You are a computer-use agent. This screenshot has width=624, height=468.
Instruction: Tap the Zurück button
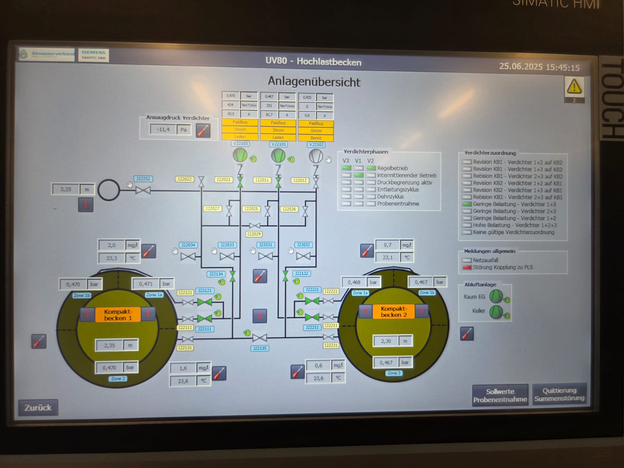(38, 408)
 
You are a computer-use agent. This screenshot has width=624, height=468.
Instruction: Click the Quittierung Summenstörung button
(559, 394)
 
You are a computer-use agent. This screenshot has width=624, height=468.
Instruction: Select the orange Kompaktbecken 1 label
(118, 315)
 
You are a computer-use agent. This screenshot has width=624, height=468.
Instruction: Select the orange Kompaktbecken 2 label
(394, 312)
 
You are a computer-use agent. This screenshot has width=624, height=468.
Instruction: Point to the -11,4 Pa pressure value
(163, 129)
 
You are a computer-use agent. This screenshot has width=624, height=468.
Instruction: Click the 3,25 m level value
(66, 190)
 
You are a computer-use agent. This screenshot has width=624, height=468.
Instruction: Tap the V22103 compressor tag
(240, 144)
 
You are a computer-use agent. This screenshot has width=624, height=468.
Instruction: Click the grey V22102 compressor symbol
(316, 156)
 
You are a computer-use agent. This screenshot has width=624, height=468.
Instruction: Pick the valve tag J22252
(143, 179)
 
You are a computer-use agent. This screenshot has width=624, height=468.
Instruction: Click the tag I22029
(254, 234)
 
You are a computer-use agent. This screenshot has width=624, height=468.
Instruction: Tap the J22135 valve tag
(260, 348)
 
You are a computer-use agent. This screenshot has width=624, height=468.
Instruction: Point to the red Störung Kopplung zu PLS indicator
(466, 268)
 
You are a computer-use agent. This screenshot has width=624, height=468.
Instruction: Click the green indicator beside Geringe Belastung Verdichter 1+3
(466, 204)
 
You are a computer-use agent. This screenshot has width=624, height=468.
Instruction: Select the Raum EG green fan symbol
(496, 296)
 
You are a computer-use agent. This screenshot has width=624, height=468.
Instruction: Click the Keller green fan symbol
(496, 312)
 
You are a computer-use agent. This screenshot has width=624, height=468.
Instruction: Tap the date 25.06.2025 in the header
(521, 67)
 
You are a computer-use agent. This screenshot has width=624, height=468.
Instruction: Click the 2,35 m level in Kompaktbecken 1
(110, 346)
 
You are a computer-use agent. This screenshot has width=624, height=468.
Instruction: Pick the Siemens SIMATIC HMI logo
(93, 55)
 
